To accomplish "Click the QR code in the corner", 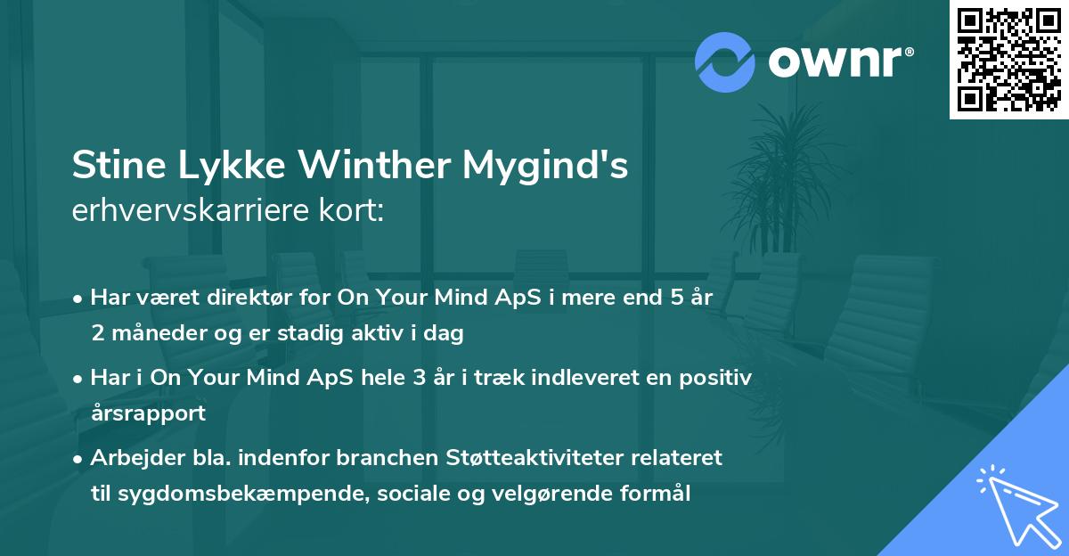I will pos(1009,60).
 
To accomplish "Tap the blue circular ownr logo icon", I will pos(724,62).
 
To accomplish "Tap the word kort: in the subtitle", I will pos(355,212).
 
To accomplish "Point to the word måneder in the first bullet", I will pos(151,334).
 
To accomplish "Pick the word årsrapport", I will pos(148,413).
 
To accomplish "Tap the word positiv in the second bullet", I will pos(719,378).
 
